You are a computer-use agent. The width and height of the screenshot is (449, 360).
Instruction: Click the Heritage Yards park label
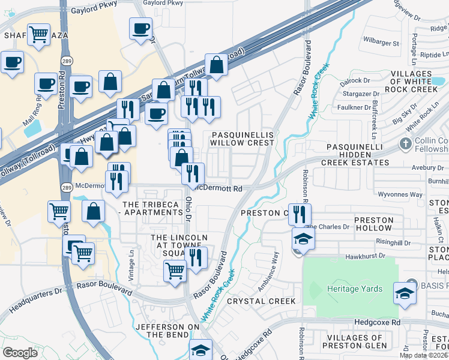point(354,289)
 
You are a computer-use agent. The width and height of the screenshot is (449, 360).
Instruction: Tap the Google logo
point(20,353)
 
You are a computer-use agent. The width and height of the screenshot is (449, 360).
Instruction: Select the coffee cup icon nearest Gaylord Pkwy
point(140,28)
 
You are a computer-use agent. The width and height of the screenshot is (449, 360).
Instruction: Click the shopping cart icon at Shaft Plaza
point(38,34)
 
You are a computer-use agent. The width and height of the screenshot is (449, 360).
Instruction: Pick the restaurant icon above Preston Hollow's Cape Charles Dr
point(300,214)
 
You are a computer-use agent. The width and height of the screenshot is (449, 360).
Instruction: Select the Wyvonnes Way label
point(403,194)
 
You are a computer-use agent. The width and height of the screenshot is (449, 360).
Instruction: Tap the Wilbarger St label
point(381,43)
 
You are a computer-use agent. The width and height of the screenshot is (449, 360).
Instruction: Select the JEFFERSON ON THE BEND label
point(167,331)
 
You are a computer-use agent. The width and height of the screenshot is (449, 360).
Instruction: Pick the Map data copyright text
point(424,355)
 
